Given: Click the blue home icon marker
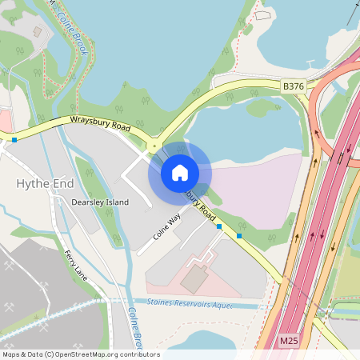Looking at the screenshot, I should click(x=180, y=172).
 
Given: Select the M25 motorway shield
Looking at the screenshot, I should click(x=290, y=342).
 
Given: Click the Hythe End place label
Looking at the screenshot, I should click(x=45, y=184).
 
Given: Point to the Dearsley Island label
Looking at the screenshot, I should click(x=100, y=202).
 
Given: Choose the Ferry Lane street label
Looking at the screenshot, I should click(x=77, y=265).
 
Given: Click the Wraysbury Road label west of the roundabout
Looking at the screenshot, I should click(x=100, y=126).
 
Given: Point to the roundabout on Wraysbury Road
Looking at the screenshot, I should click(x=152, y=146).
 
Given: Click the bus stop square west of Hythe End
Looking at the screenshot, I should click(x=14, y=140).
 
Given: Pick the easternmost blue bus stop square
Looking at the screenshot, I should click(x=239, y=237).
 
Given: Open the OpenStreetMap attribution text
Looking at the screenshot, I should click(x=80, y=354).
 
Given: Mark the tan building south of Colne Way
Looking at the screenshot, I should click(x=193, y=279).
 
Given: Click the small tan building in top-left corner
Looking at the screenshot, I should click(x=37, y=32).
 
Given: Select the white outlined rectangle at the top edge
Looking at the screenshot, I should click(x=262, y=14).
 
